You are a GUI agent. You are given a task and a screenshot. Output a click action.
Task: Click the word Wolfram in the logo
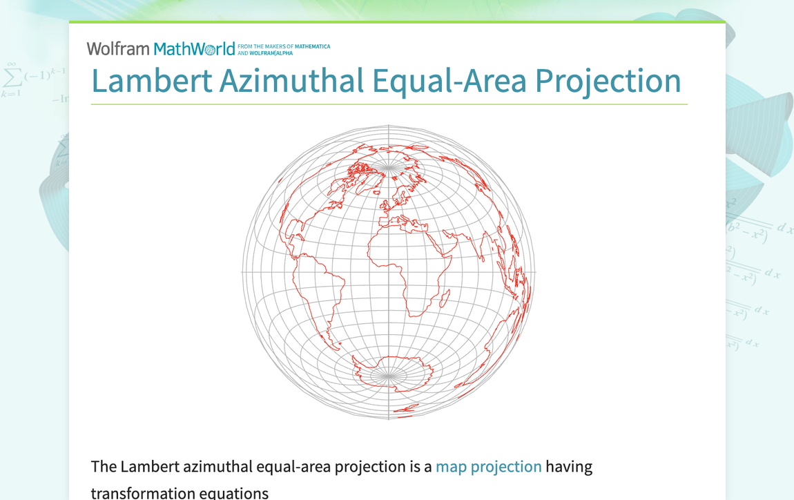coord(117,49)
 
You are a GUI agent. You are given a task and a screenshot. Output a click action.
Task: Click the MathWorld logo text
coord(194,49)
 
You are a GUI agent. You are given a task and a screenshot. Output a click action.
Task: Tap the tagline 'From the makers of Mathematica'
coord(284,47)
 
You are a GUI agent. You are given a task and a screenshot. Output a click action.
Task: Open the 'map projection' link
coord(488,467)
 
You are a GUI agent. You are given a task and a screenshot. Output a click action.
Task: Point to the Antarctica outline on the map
coord(390,373)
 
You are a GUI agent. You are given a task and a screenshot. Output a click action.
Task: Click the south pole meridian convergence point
coord(389,376)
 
